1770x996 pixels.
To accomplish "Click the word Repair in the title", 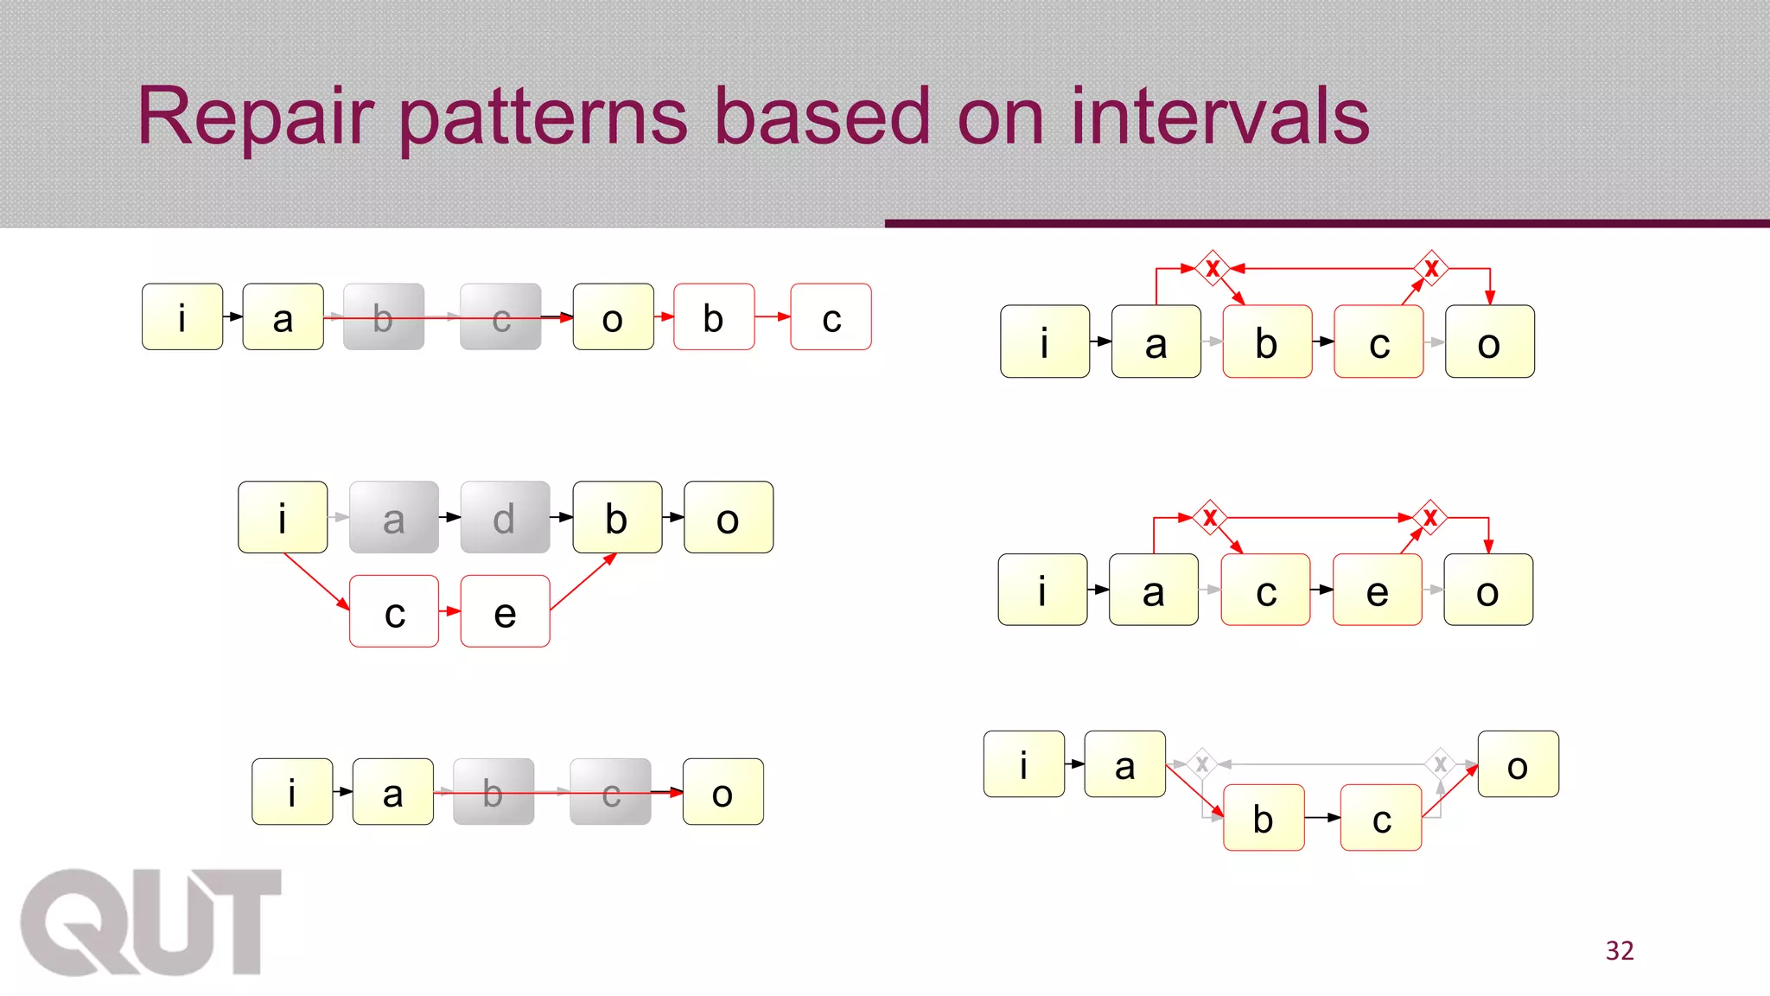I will tap(255, 117).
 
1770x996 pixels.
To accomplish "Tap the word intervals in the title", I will tap(1219, 117).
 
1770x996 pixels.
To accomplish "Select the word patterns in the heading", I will tap(544, 118).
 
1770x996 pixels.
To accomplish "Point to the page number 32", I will tap(1620, 950).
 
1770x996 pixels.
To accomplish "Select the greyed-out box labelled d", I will tap(505, 517).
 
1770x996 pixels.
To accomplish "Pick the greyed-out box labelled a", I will tap(393, 517).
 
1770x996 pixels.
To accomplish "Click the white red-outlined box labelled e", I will tap(505, 611).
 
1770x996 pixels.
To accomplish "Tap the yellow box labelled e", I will tap(1377, 590).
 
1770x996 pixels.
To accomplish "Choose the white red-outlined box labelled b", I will tap(713, 316).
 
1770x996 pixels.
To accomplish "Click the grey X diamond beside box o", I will tap(1440, 763).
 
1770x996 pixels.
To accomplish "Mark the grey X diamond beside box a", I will tap(1201, 763).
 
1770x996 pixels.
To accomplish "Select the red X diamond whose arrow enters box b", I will tap(1213, 268).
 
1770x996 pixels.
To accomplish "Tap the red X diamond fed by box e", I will tap(1430, 517).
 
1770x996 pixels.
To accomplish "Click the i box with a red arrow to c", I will tap(283, 517).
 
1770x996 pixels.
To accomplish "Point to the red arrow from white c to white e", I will tap(449, 611).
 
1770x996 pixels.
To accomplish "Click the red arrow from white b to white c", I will tap(773, 316).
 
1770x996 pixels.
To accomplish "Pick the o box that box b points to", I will tap(728, 517).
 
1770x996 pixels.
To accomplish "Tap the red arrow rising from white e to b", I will tap(583, 582).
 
